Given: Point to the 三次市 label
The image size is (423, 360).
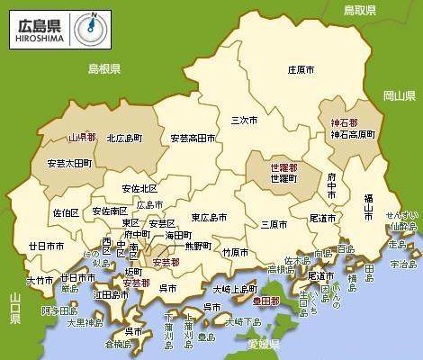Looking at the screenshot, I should tap(245, 120).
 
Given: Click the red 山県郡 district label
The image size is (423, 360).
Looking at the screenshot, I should tap(85, 139).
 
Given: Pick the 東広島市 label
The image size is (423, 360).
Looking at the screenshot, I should tap(209, 217).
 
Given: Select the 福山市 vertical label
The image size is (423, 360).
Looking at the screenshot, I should tap(368, 207).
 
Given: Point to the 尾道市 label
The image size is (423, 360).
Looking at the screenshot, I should tap(322, 218).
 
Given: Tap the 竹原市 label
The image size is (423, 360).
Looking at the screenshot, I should tap(236, 251).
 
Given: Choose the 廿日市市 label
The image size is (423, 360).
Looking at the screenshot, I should tap(45, 245).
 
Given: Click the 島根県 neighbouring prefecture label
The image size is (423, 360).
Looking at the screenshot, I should tap(104, 68).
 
